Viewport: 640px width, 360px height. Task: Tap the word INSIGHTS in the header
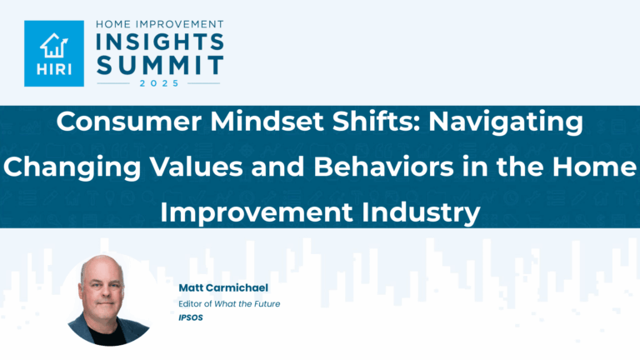[158, 42]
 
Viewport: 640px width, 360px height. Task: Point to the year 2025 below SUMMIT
[158, 83]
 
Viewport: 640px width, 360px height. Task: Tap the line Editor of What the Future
[228, 303]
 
